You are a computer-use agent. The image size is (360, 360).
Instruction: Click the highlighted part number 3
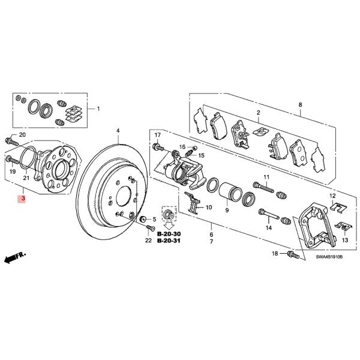point(22,199)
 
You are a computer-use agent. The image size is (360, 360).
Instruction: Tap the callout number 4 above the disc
point(118,131)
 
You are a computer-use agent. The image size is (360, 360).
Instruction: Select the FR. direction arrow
point(13,258)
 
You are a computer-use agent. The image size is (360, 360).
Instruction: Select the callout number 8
point(300,106)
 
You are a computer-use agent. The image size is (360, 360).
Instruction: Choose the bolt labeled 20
point(10,142)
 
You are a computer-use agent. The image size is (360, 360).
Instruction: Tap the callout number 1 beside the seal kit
point(99,109)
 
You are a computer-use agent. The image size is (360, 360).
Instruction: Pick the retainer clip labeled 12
point(338,208)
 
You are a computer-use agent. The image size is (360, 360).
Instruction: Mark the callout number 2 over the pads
point(258,113)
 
